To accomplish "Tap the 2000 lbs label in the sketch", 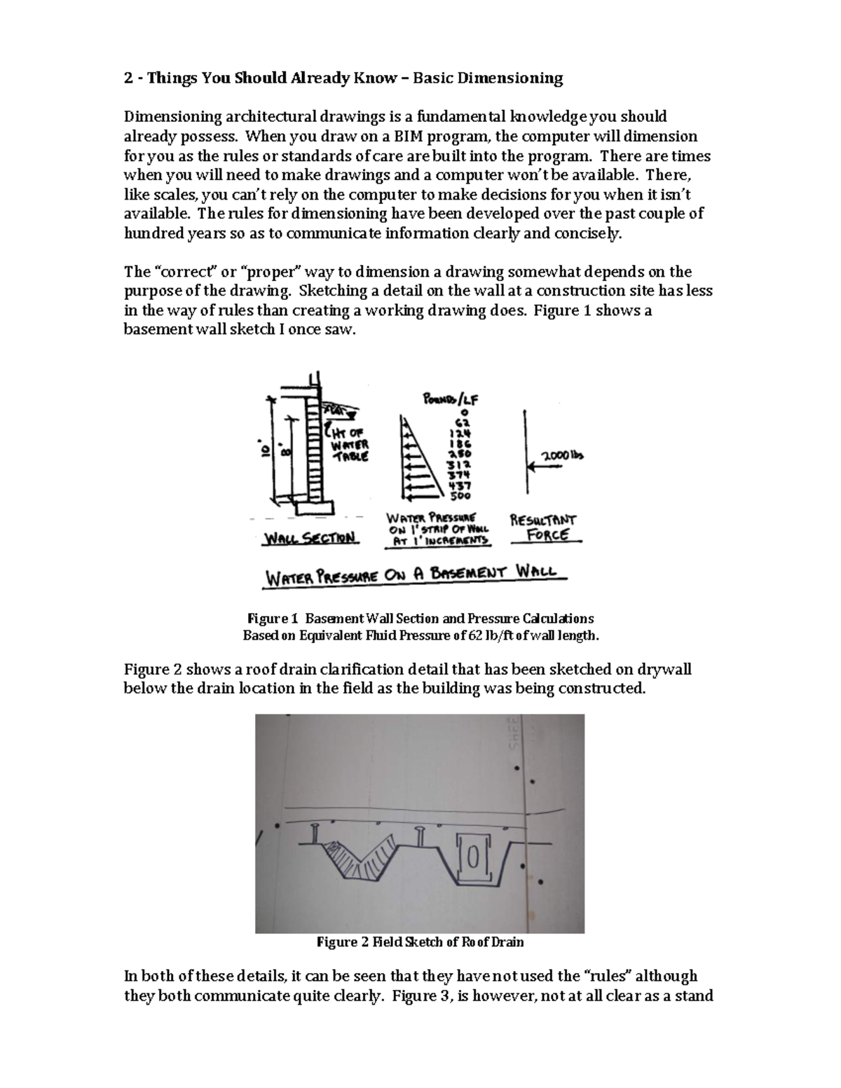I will tap(560, 455).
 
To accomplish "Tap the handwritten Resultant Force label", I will tap(543, 528).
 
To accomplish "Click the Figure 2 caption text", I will tap(420, 942).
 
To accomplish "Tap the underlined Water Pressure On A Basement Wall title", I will tap(414, 576).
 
